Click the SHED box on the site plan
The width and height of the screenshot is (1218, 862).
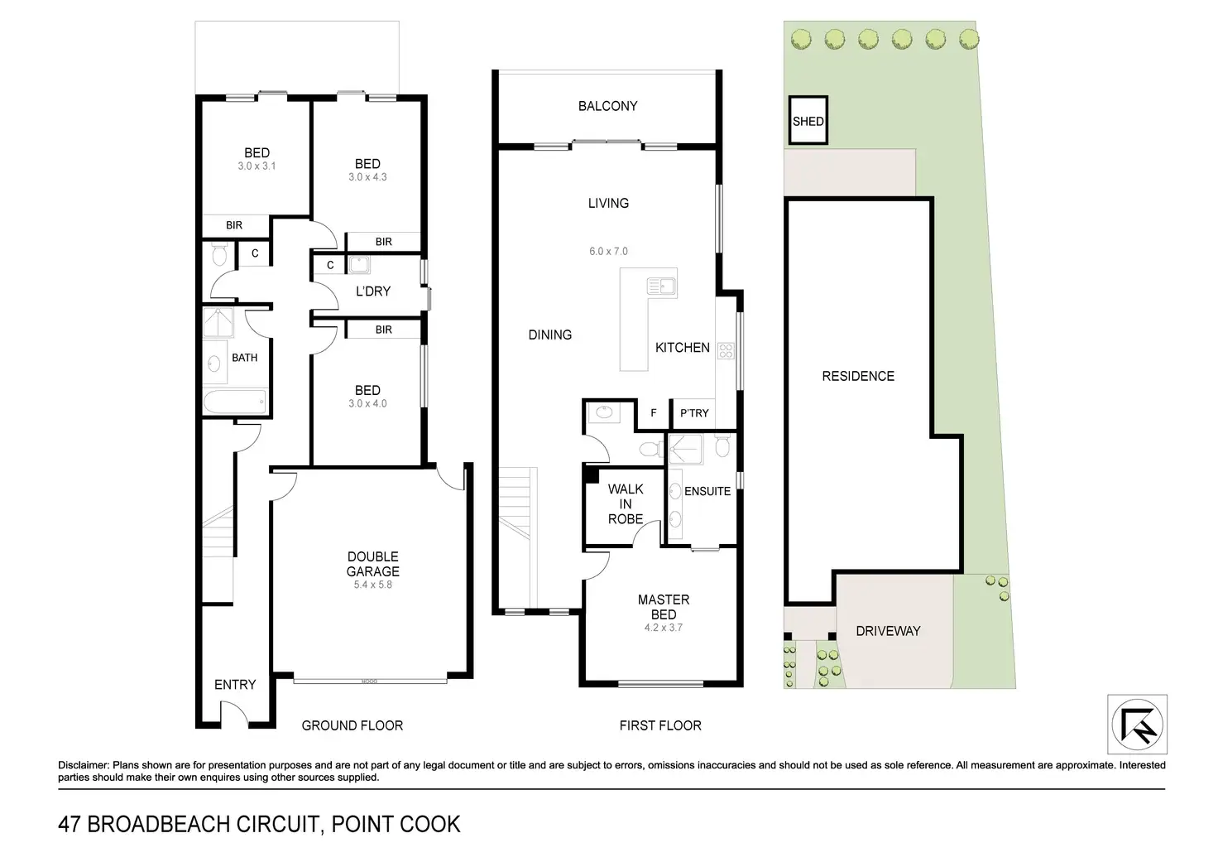[808, 120]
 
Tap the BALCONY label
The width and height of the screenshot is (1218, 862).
[607, 106]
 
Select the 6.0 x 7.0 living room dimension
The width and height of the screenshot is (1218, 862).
[608, 252]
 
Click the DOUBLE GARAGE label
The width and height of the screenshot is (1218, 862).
[372, 564]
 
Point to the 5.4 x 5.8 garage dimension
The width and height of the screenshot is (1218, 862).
[372, 585]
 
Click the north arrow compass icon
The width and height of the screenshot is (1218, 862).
[1137, 725]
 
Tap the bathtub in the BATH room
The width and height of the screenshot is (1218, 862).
[235, 402]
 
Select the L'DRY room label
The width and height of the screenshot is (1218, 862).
[373, 291]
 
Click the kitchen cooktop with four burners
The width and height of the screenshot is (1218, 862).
[726, 351]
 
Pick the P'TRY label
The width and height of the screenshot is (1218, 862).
[694, 413]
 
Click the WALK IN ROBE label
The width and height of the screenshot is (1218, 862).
[626, 504]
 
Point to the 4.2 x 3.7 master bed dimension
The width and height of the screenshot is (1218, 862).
[664, 628]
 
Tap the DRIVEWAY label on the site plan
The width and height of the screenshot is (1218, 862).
[888, 631]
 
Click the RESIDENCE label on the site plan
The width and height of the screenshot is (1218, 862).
[858, 376]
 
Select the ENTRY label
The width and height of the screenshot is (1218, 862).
[235, 685]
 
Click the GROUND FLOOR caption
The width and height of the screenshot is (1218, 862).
[352, 725]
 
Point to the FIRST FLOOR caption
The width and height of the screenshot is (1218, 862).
[660, 725]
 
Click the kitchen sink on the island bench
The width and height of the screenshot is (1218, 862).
[661, 286]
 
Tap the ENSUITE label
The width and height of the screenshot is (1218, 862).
[707, 491]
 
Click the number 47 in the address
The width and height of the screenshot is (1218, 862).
[70, 825]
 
